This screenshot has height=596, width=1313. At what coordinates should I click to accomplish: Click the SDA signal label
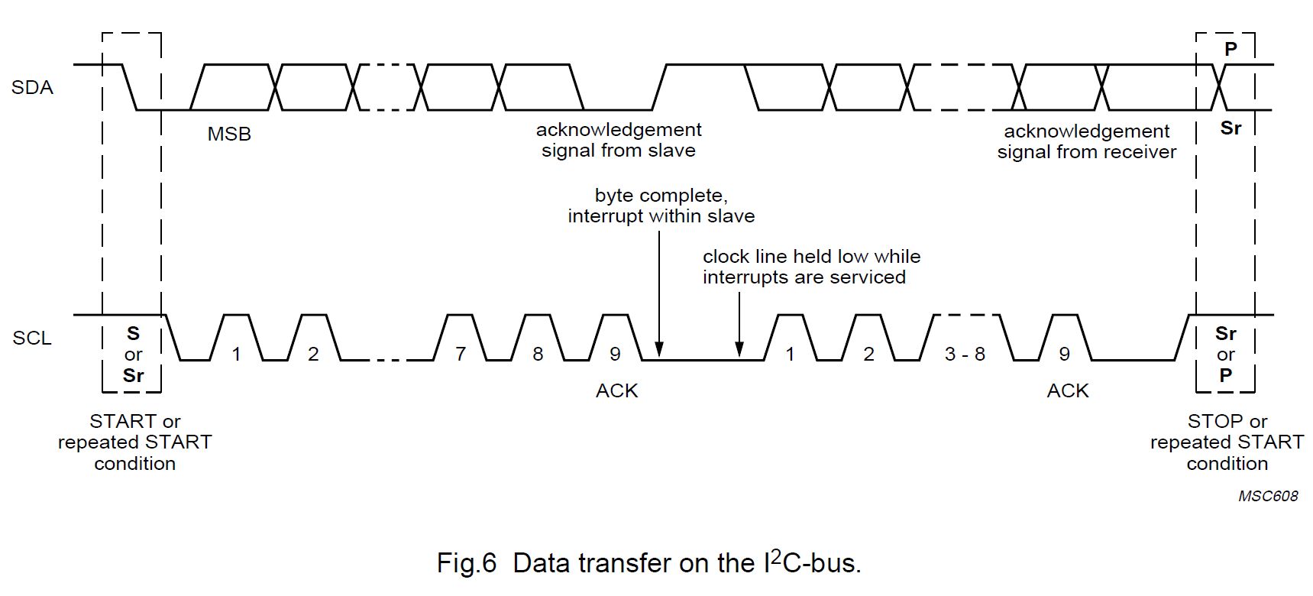click(x=32, y=88)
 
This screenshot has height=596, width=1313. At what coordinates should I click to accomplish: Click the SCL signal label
click(x=32, y=338)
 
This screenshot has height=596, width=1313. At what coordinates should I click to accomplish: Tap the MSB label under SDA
click(x=229, y=134)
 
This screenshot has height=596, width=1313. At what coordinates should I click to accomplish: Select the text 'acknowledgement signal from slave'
click(x=619, y=141)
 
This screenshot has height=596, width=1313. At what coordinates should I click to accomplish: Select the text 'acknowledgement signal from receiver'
click(x=1086, y=142)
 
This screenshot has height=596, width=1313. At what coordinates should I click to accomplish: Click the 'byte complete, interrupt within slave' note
click(x=661, y=206)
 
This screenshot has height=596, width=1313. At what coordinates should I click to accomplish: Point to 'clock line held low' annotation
click(x=811, y=267)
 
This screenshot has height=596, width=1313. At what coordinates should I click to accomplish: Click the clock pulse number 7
click(x=461, y=355)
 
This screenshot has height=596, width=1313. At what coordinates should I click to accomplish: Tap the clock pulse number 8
click(x=538, y=355)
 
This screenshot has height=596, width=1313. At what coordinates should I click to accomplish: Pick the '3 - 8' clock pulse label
click(x=965, y=355)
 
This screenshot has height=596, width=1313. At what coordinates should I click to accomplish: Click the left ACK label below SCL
click(x=616, y=391)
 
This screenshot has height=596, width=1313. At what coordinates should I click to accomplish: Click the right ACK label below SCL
click(x=1067, y=391)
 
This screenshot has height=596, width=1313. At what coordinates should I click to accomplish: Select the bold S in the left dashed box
click(x=133, y=334)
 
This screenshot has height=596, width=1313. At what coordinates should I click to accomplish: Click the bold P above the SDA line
click(x=1231, y=50)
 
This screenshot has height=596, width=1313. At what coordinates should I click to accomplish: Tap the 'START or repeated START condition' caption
click(x=134, y=442)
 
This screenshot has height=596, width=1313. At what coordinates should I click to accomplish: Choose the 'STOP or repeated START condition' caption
click(x=1227, y=442)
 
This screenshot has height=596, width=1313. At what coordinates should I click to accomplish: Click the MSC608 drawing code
click(x=1268, y=497)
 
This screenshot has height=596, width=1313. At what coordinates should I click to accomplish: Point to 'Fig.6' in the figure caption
click(x=466, y=564)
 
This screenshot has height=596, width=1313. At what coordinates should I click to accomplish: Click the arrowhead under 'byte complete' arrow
click(x=659, y=350)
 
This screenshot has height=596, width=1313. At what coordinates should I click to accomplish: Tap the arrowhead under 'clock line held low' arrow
click(x=739, y=350)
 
